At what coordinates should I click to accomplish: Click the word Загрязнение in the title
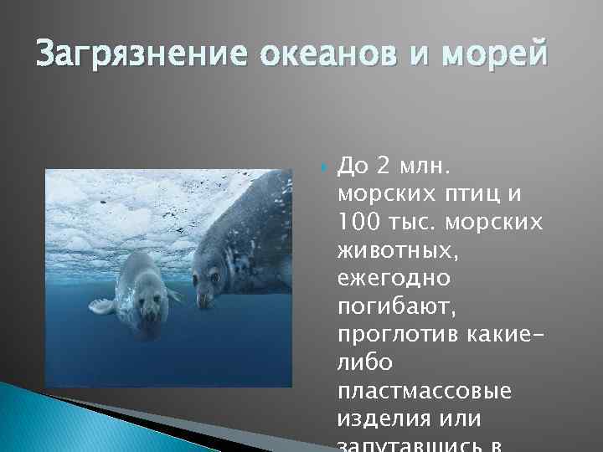click(125, 57)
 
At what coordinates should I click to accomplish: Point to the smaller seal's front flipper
click(102, 306)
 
